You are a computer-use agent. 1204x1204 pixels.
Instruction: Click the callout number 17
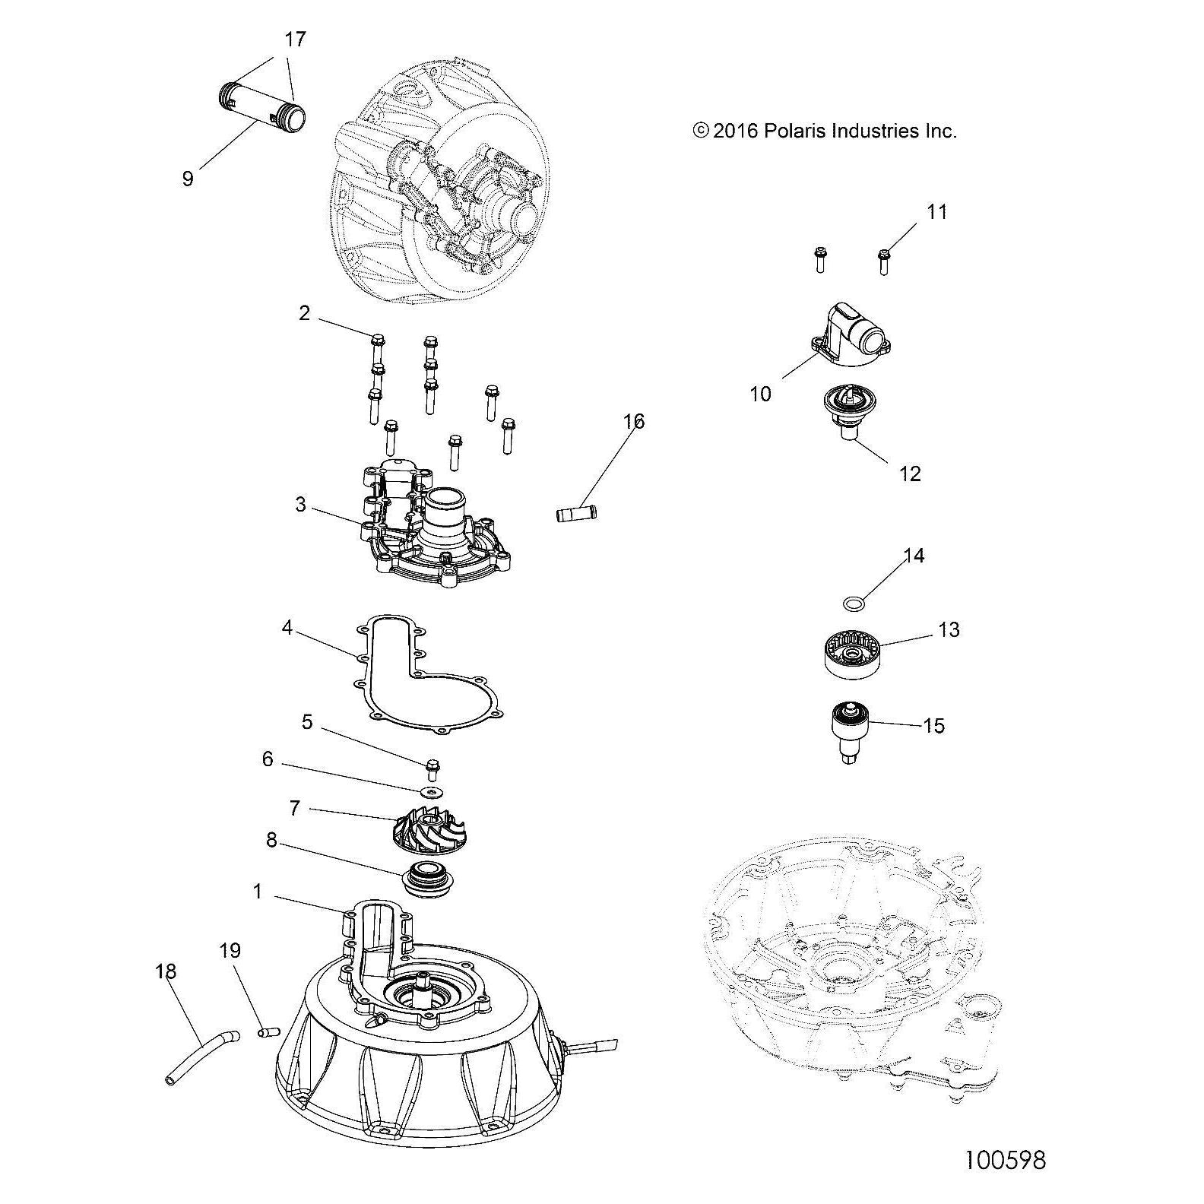pos(295,40)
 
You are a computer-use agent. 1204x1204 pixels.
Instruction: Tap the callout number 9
pos(188,179)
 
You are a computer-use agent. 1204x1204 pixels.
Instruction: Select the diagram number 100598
pos(1005,1161)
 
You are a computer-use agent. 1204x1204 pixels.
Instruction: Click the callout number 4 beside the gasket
pos(286,629)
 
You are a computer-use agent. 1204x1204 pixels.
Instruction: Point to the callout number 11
pos(937,212)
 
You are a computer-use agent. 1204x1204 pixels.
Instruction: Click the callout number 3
pos(300,504)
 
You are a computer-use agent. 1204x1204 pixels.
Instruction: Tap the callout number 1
pos(258,892)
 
